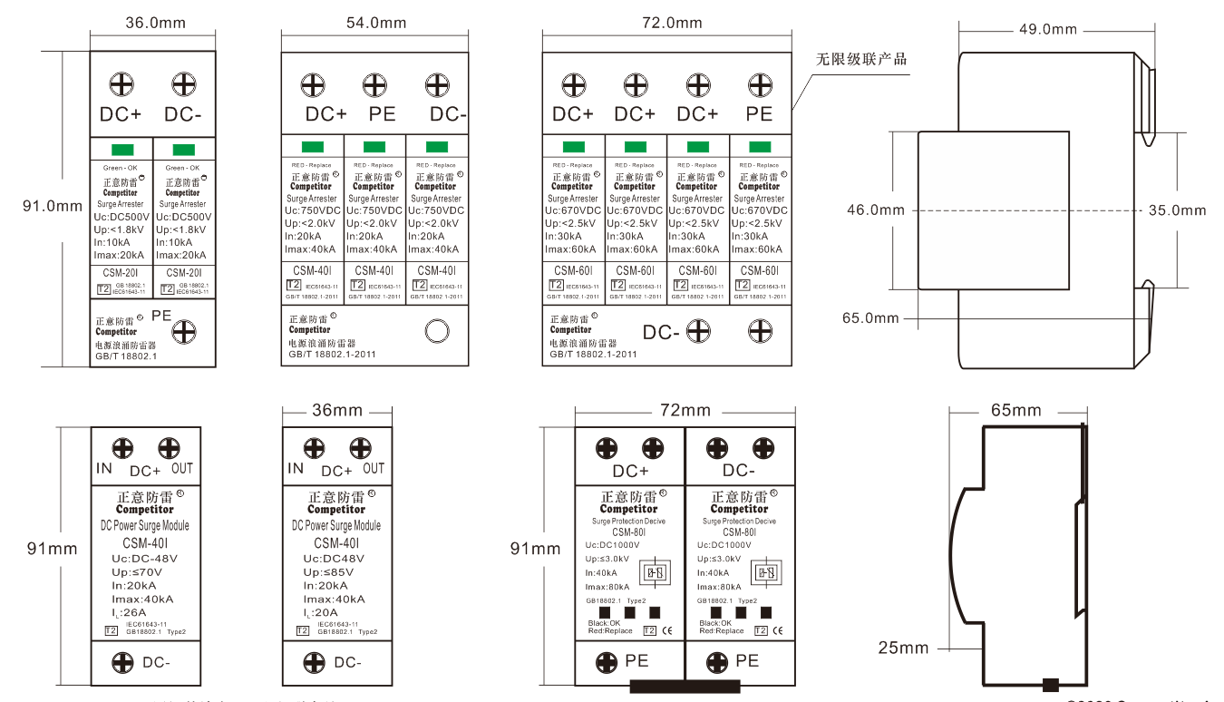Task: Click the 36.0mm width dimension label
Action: pos(154,23)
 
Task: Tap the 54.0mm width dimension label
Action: pos(375,23)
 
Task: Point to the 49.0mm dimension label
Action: pos(1048,29)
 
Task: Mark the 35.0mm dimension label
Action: pos(1178,210)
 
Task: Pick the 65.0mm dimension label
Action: pos(870,317)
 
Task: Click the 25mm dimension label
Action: pos(903,648)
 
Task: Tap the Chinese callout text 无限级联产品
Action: pos(861,59)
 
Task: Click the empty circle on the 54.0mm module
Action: pos(437,331)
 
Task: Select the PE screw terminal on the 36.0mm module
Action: pos(185,331)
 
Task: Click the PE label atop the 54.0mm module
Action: pos(382,114)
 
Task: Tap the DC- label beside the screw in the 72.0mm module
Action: pos(662,332)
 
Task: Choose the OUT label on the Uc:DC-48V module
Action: pos(182,468)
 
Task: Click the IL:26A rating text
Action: pos(134,612)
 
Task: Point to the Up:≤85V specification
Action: pos(328,572)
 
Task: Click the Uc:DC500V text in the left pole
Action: pos(121,217)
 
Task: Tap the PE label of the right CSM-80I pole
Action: pos(747,661)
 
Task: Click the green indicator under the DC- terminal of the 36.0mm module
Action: pos(184,150)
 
